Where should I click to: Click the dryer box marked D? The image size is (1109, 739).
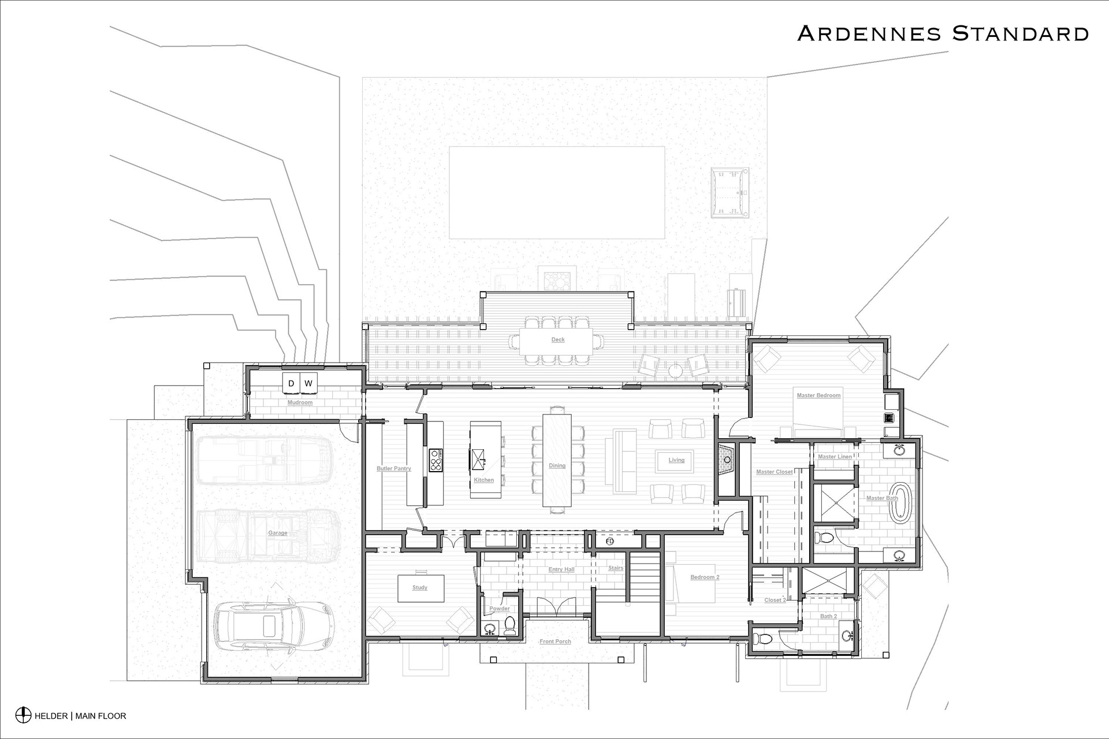click(291, 383)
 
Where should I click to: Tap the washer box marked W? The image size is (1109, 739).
click(308, 383)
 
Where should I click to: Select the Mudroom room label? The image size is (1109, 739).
click(300, 402)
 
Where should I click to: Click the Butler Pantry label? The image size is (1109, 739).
click(394, 468)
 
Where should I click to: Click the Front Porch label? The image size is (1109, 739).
click(555, 641)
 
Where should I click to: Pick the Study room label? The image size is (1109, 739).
click(420, 588)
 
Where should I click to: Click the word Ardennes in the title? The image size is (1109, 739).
click(870, 33)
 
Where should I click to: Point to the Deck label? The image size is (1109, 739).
click(558, 339)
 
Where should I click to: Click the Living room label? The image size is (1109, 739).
click(676, 460)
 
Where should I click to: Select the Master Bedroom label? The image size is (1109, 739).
click(818, 395)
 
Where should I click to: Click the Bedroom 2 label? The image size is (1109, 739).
click(705, 577)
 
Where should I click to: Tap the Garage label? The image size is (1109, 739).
click(278, 533)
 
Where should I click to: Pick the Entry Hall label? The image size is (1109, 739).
click(561, 570)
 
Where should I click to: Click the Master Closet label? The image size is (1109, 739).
click(775, 472)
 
